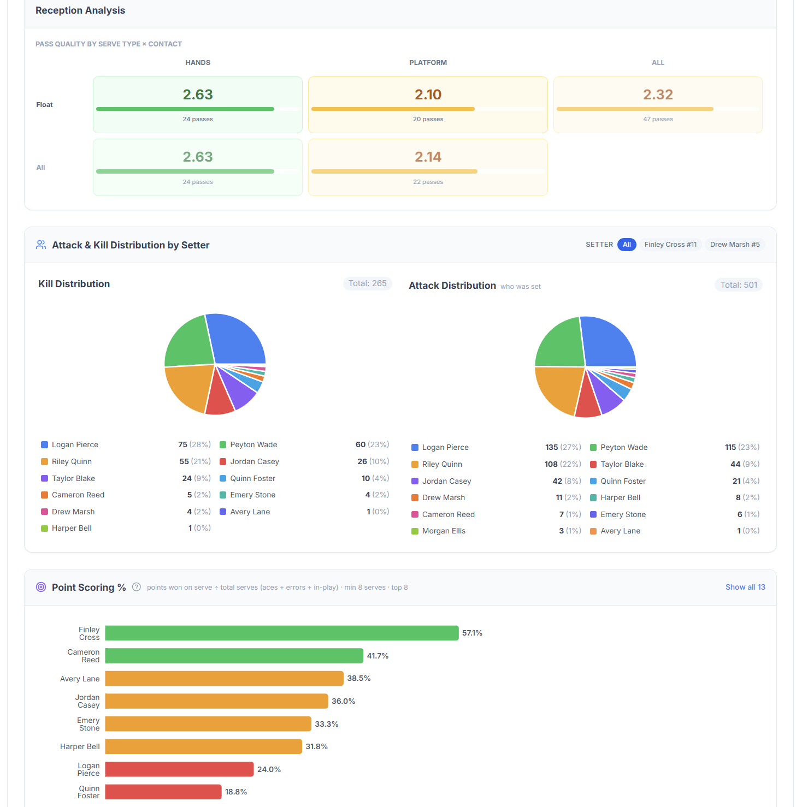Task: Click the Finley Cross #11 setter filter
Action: [x=670, y=245]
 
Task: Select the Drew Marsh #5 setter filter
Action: [x=734, y=245]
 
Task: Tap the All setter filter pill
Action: [x=627, y=245]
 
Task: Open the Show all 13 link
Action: [x=745, y=587]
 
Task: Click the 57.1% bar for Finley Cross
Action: [x=281, y=633]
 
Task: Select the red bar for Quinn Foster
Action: [x=163, y=792]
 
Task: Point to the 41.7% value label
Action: [x=378, y=656]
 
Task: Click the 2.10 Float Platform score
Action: [x=428, y=94]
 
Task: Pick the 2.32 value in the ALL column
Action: [x=658, y=94]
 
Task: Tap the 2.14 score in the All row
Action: [x=428, y=157]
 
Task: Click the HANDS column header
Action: [x=198, y=63]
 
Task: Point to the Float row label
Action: [x=44, y=105]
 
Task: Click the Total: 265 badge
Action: [x=367, y=283]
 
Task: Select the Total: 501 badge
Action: [x=738, y=285]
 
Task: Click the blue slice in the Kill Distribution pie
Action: [x=238, y=339]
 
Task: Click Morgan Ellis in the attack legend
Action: [x=444, y=531]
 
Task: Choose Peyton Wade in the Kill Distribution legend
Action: [x=253, y=444]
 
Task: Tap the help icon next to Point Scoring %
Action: [x=137, y=587]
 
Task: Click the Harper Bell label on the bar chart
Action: [x=80, y=746]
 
